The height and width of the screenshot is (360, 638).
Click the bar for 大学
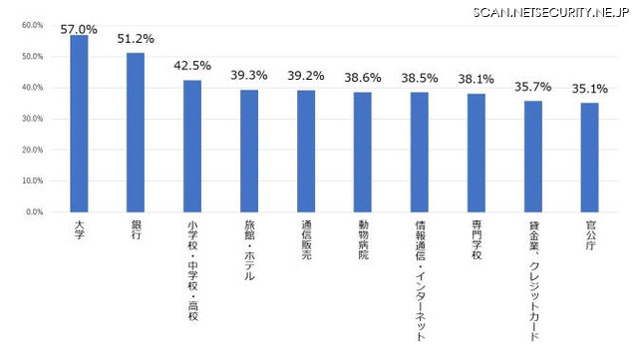(79, 124)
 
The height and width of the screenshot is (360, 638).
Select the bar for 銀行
(136, 133)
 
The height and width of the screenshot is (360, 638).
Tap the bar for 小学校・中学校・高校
(192, 147)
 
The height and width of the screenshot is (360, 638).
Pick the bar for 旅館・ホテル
(249, 152)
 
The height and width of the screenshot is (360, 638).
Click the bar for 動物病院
(363, 153)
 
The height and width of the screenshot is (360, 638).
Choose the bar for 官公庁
(590, 158)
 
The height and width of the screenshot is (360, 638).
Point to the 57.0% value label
(79, 30)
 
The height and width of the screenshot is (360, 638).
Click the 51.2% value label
(136, 40)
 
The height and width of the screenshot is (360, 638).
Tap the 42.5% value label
(192, 66)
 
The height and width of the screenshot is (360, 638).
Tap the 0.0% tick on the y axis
(33, 212)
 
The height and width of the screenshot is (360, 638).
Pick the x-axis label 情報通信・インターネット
(420, 282)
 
